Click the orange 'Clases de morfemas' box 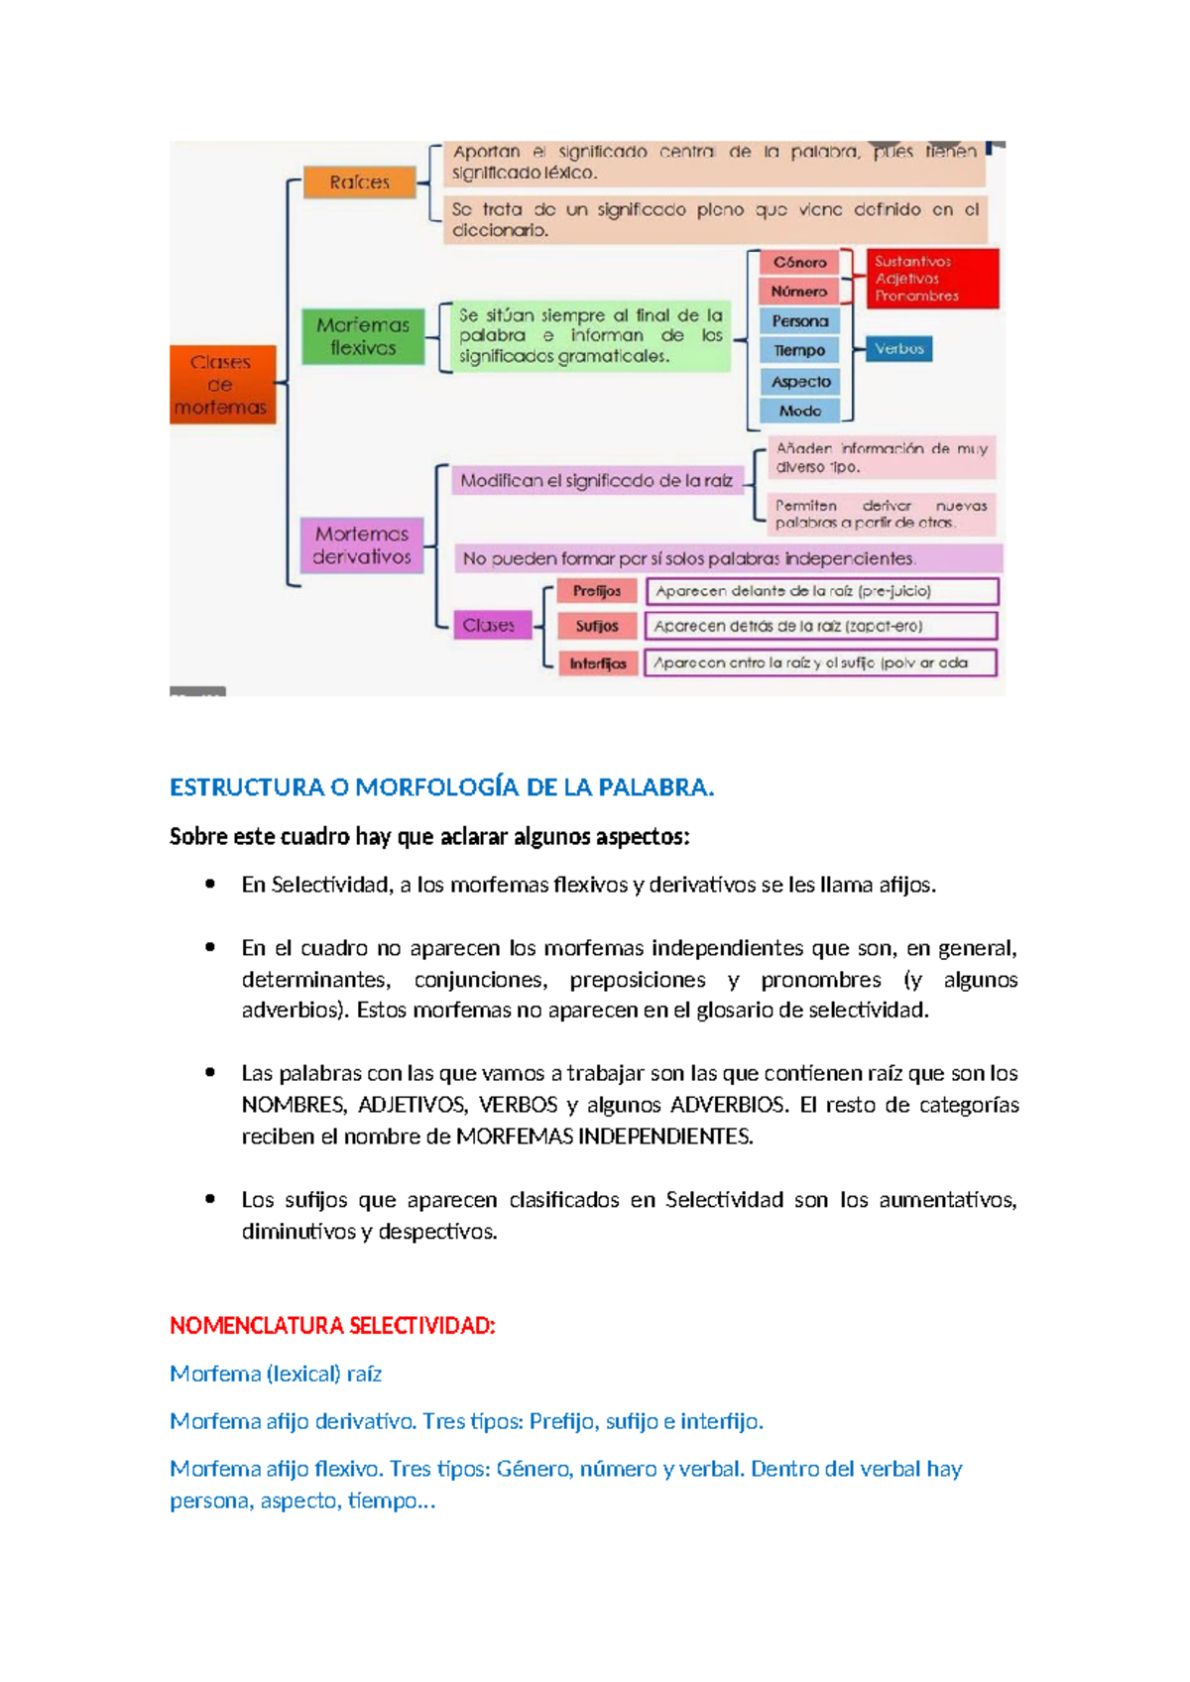coord(221,385)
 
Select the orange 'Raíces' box coord(359,182)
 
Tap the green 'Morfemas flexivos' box coord(363,336)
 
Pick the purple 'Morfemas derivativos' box coord(362,545)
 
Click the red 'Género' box coord(799,263)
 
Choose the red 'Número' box coord(799,292)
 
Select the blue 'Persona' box coord(799,321)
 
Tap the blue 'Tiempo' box coord(799,350)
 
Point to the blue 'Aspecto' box coord(800,382)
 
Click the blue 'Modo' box coord(799,411)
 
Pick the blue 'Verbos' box coord(899,349)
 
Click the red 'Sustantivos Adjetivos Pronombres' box coord(932,279)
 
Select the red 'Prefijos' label coord(597,591)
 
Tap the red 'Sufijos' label coord(597,626)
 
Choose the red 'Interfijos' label coord(597,663)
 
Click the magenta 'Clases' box coord(489,626)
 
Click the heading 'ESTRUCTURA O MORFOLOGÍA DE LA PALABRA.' coord(441,787)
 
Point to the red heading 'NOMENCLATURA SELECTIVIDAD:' coord(332,1326)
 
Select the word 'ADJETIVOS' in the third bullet coord(412,1105)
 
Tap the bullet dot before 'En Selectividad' coord(210,884)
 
